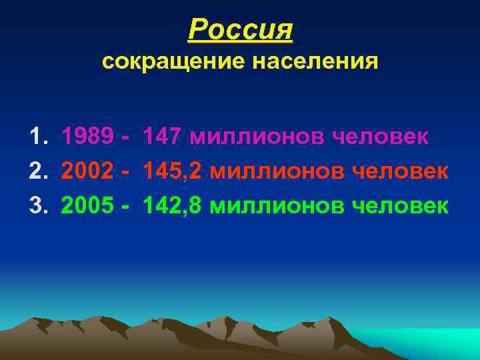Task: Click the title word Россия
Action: [x=241, y=29]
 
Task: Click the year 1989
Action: [x=87, y=137]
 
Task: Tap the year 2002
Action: [x=87, y=171]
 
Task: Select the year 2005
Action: [x=87, y=205]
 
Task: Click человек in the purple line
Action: [x=380, y=137]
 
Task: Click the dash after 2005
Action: [x=127, y=206]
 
